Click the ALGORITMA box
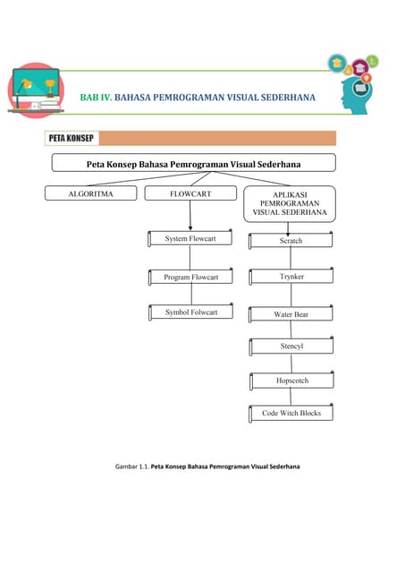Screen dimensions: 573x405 91,193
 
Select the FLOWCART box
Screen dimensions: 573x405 190,193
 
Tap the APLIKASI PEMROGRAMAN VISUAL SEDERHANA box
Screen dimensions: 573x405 291,203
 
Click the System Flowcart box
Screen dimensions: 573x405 190,239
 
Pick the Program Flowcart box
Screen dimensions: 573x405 190,278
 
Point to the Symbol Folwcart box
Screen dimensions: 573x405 190,312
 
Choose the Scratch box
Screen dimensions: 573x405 291,241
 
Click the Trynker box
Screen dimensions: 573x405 291,278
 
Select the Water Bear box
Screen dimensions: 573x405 291,315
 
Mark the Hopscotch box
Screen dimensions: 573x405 291,381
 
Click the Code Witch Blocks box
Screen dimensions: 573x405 291,414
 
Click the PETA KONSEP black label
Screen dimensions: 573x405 72,139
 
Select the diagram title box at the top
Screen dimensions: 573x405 193,164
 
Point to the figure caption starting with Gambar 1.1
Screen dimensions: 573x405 207,466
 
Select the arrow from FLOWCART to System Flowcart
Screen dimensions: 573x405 190,216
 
